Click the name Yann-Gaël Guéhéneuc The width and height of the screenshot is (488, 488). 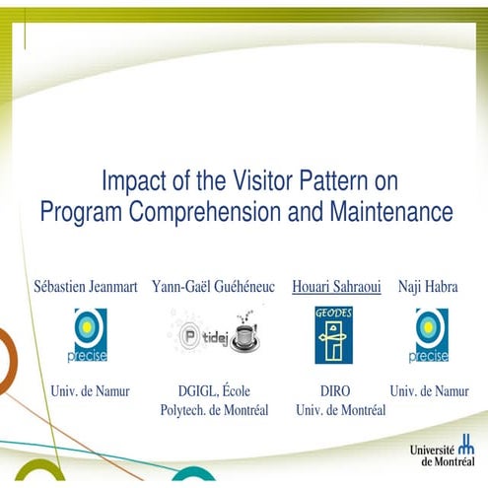(215, 288)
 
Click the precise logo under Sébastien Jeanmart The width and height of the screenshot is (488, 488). (90, 335)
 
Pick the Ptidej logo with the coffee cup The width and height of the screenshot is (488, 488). (213, 334)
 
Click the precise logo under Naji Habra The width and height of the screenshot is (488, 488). (431, 335)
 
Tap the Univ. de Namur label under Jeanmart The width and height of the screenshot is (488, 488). (90, 391)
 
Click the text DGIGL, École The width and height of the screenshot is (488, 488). (215, 391)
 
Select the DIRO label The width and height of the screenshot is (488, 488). (335, 391)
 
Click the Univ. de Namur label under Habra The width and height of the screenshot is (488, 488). (430, 391)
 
